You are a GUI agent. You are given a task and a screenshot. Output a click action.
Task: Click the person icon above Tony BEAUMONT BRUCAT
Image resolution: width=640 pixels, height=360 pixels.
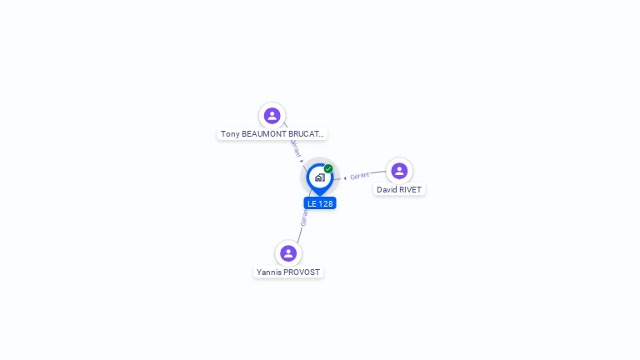[272, 116]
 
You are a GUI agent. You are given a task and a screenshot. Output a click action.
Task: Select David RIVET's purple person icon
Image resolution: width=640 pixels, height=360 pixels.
[399, 171]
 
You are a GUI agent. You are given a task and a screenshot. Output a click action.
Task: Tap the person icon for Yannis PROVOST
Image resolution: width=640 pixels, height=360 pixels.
[288, 253]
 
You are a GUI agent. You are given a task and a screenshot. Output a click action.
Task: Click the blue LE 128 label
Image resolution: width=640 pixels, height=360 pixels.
[320, 203]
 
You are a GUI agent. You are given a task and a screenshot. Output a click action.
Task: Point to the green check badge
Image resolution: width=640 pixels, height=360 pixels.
[328, 169]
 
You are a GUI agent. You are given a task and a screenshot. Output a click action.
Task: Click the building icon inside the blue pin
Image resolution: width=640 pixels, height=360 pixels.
[319, 177]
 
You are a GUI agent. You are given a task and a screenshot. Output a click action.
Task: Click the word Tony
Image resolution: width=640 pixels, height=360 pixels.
[230, 134]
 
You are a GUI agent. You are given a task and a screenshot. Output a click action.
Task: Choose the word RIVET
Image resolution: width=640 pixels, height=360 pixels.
[410, 190]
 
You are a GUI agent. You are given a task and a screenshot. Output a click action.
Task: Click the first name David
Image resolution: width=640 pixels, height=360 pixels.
[387, 190]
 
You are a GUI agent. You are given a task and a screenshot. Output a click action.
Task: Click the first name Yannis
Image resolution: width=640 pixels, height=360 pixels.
[269, 272]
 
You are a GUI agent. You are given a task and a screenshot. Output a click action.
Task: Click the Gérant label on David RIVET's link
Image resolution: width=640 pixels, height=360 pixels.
[360, 176]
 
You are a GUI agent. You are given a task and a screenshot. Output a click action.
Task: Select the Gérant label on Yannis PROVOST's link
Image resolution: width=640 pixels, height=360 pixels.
[304, 218]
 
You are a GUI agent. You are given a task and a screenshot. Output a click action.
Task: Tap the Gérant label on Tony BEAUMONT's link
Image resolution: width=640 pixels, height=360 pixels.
[295, 148]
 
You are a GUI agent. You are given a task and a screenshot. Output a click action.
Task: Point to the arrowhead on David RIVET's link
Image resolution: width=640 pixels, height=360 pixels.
[345, 177]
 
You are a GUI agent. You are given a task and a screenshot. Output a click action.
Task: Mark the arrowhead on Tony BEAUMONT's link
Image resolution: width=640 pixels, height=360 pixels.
[302, 161]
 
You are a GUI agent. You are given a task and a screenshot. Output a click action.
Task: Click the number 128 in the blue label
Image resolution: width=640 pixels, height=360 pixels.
[326, 203]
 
